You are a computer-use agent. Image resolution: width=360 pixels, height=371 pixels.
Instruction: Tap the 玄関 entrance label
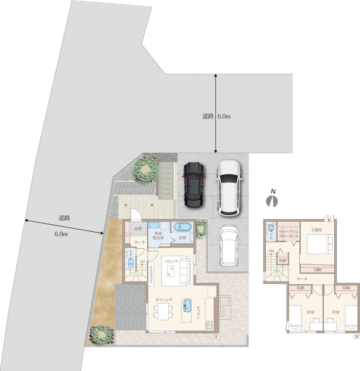click(x=138, y=229)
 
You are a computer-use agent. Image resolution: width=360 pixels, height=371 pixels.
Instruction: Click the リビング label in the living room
click(x=171, y=261)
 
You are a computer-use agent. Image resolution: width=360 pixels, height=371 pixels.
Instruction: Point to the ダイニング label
click(x=164, y=300)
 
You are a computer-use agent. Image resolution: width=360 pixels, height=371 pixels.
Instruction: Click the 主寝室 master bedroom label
click(x=317, y=230)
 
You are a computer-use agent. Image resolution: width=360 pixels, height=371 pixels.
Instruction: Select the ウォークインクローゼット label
click(x=288, y=234)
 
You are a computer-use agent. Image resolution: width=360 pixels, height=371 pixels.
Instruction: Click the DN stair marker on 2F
click(x=271, y=251)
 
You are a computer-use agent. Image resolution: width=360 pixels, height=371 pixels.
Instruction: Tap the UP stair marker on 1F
click(x=142, y=262)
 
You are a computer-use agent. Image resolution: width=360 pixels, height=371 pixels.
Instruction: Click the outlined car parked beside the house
click(x=229, y=246)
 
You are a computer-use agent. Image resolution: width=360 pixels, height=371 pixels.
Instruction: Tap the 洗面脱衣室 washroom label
click(x=158, y=235)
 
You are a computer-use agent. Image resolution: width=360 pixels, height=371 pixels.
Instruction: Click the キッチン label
click(x=198, y=312)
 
